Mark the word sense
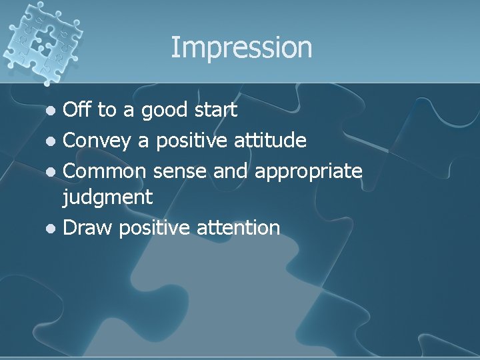pyautogui.click(x=181, y=171)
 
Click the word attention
pyautogui.click(x=239, y=228)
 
